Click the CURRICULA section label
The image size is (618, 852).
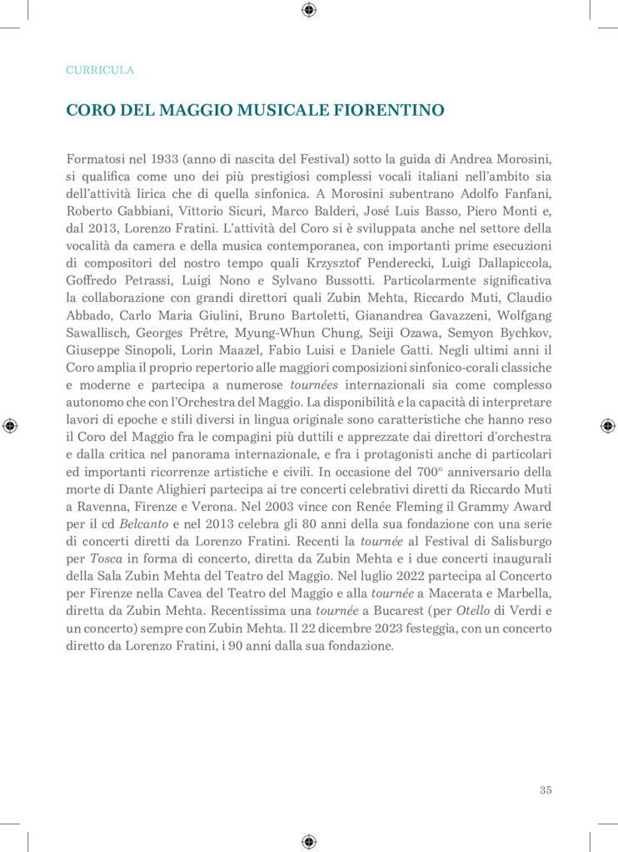(100, 71)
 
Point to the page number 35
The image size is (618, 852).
(546, 790)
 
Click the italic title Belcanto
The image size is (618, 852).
(138, 524)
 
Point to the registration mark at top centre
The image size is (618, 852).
(309, 10)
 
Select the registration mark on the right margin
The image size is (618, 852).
(607, 425)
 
